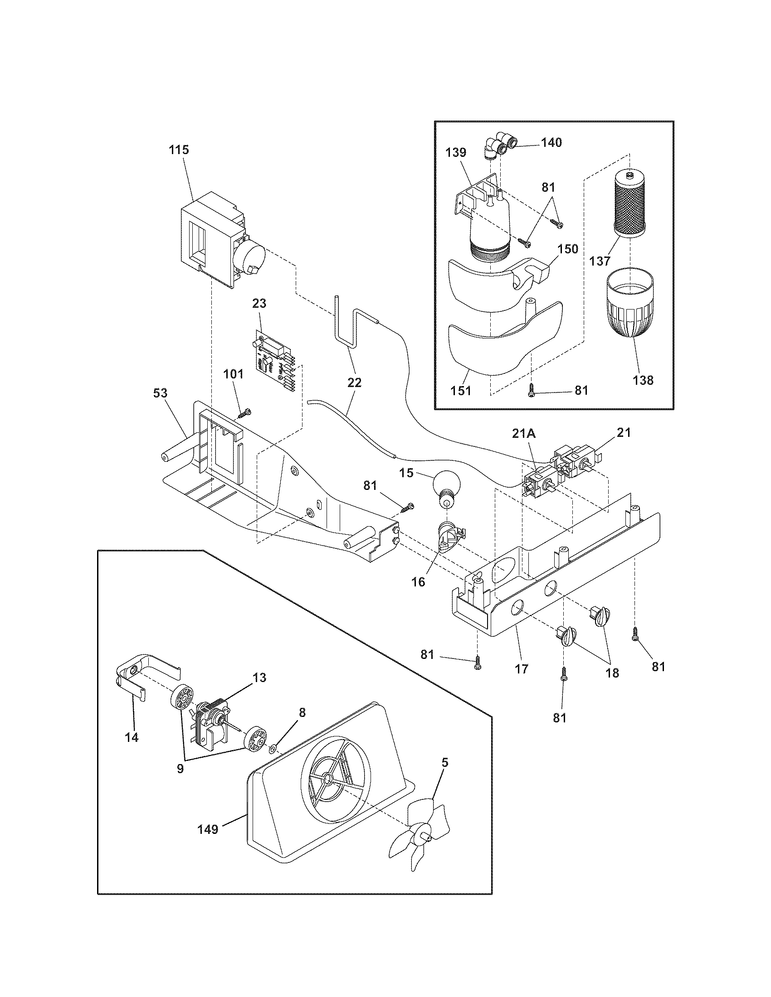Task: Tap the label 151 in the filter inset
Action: (x=460, y=391)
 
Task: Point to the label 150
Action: (x=568, y=249)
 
